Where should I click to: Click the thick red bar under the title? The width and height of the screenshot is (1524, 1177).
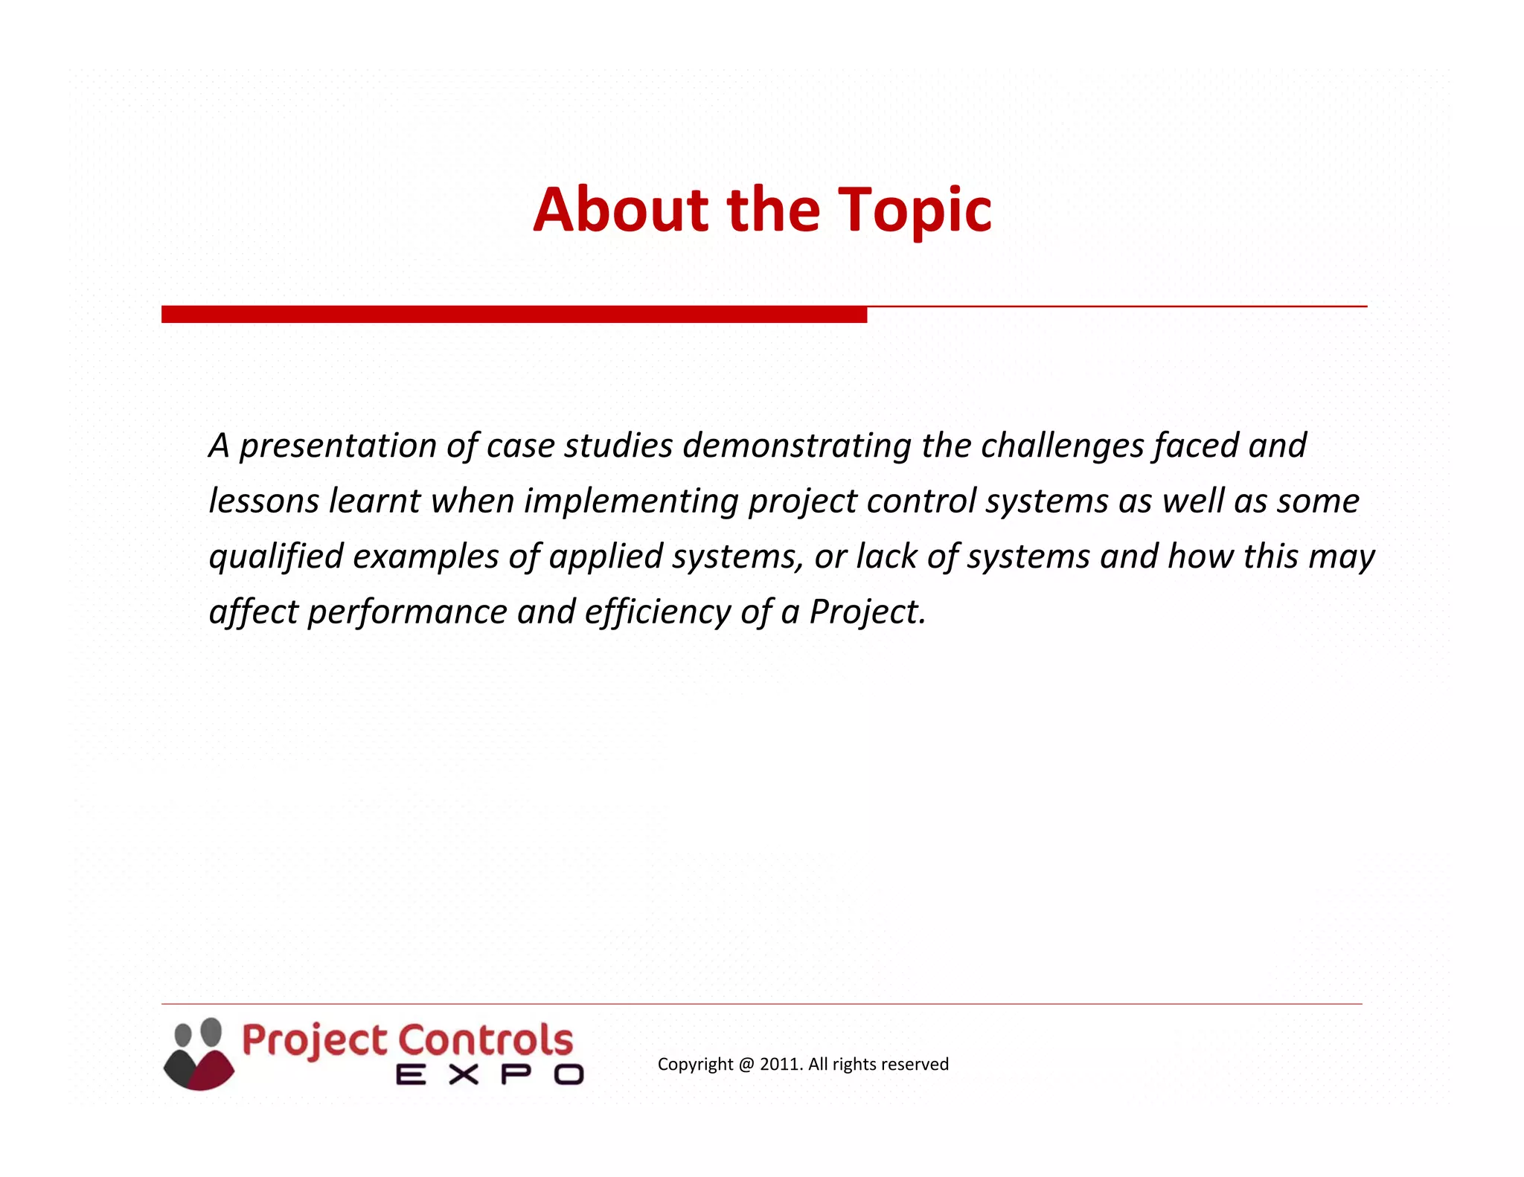click(513, 315)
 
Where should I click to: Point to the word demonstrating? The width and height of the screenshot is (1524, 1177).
click(797, 446)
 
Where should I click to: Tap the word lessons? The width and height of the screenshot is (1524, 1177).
click(263, 501)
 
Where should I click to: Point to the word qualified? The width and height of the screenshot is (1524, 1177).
click(275, 557)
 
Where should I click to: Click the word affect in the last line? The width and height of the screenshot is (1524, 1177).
click(253, 612)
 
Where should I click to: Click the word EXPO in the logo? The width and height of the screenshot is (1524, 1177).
click(490, 1074)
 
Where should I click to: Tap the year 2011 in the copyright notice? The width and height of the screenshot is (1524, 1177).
click(780, 1064)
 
